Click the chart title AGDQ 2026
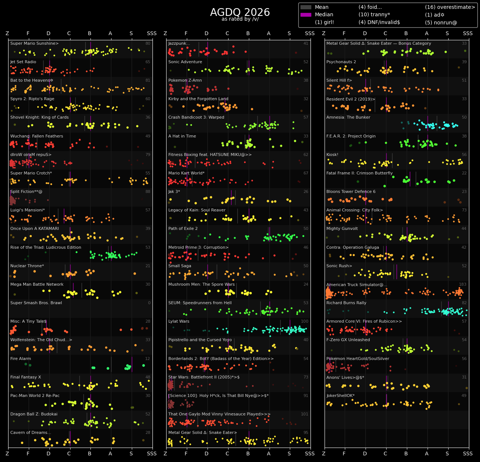tap(240, 13)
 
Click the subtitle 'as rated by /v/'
tap(240, 19)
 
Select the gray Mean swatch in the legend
tap(306, 7)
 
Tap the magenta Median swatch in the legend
tap(306, 15)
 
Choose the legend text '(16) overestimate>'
tap(450, 7)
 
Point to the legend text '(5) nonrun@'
tap(441, 23)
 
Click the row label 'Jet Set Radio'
tap(23, 62)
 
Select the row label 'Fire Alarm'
tap(21, 359)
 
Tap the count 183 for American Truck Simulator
tap(463, 285)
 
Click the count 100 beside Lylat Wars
tap(305, 322)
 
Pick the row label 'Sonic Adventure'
tap(185, 62)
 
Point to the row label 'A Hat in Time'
tap(182, 136)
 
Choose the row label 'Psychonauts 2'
tap(341, 62)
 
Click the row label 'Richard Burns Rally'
tap(346, 303)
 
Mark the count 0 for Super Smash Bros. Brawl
tap(149, 303)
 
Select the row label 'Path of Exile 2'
tap(183, 229)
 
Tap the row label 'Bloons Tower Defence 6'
tap(351, 192)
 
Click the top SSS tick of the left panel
tap(152, 34)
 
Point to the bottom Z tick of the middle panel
tap(165, 453)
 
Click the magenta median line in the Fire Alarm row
tap(132, 364)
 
